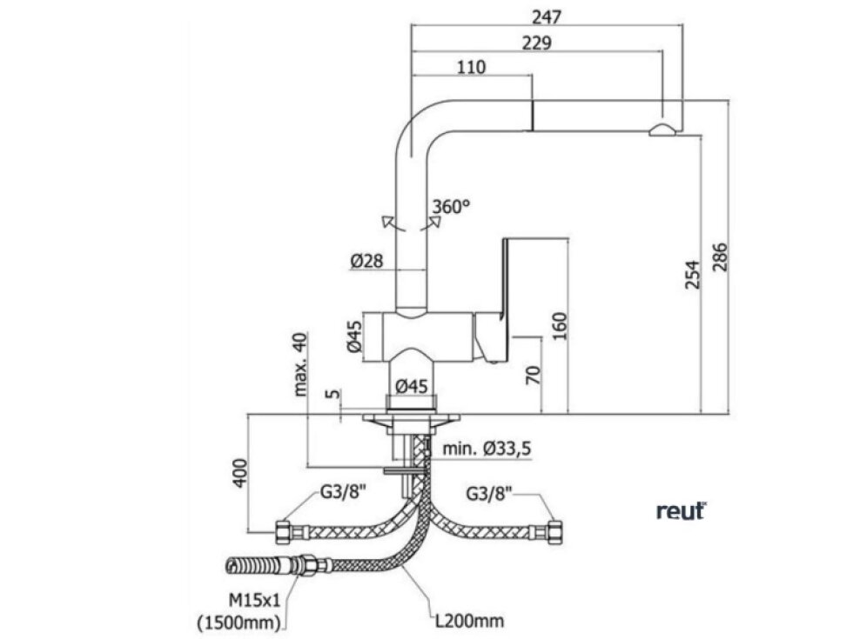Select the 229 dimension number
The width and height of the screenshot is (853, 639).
click(536, 43)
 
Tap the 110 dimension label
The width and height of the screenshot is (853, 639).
click(471, 67)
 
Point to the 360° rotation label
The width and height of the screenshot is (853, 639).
click(451, 207)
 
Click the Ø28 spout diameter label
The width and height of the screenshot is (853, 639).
click(366, 261)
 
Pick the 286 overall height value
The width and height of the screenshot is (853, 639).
click(720, 257)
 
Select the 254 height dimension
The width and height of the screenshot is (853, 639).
click(692, 275)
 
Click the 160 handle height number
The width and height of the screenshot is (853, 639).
click(559, 326)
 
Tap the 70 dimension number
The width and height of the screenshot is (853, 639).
click(533, 376)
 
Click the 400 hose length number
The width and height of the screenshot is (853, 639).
click(240, 474)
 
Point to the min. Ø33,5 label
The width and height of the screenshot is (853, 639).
click(487, 449)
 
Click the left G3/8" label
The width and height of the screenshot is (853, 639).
click(343, 492)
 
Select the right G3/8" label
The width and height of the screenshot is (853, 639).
click(489, 494)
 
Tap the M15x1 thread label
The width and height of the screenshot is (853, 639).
click(254, 601)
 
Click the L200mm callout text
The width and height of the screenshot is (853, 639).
click(468, 620)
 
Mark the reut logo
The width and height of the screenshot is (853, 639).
click(681, 511)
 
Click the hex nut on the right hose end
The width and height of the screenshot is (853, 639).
click(555, 532)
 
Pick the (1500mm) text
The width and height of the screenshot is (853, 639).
click(240, 622)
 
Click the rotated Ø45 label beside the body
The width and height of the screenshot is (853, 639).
click(354, 336)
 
